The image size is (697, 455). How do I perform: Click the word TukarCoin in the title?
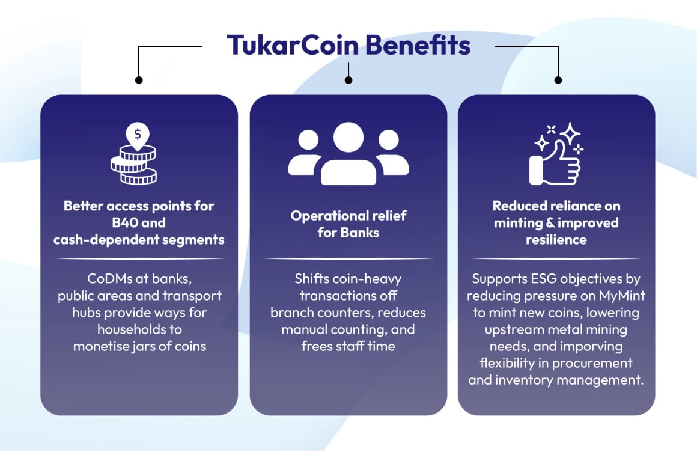coord(293,45)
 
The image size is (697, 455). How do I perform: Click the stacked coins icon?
coord(134,165)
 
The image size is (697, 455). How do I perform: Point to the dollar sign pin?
coord(138,135)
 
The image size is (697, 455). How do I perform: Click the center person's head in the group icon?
coord(348,138)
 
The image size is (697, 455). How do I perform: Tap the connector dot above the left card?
coord(139,80)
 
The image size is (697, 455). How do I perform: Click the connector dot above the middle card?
coord(348,80)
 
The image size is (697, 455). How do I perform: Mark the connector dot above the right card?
coord(558,80)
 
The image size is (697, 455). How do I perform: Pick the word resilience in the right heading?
coord(556,240)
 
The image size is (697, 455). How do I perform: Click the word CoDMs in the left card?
coord(109,279)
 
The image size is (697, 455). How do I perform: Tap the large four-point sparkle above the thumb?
coord(570,133)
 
